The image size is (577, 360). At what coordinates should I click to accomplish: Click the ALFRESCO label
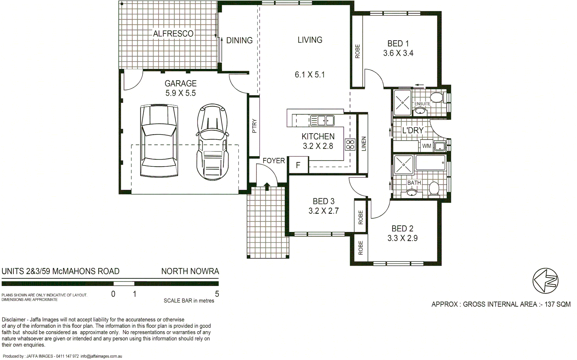point(173,34)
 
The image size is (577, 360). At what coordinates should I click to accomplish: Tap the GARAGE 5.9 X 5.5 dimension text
point(181,93)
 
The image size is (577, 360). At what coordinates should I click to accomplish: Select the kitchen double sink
point(322,120)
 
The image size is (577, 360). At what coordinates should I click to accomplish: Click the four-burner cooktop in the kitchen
point(350,145)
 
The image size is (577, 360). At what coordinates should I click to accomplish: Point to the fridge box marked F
point(298,165)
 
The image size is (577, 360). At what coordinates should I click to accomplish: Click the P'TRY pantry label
point(255,126)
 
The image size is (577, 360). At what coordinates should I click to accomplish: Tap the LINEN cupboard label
point(363,144)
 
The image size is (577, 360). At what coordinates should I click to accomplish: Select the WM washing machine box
point(426,146)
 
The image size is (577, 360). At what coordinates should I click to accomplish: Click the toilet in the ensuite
point(436,98)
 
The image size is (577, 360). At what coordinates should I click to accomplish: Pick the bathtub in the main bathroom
point(430,163)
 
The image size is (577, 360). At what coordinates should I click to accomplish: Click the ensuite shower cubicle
point(402,102)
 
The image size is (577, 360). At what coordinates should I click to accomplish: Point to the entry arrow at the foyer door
point(267,186)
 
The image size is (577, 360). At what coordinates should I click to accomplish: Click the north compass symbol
point(545,281)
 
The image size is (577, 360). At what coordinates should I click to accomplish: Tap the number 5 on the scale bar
point(217,294)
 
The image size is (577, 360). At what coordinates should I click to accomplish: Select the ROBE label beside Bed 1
point(357,51)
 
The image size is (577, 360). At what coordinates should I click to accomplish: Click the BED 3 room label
point(323,201)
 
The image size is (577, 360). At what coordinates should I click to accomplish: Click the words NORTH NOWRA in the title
point(190,271)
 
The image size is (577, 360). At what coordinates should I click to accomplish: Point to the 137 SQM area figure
point(557,304)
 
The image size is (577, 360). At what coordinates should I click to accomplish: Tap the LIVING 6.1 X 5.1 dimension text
point(309,75)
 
